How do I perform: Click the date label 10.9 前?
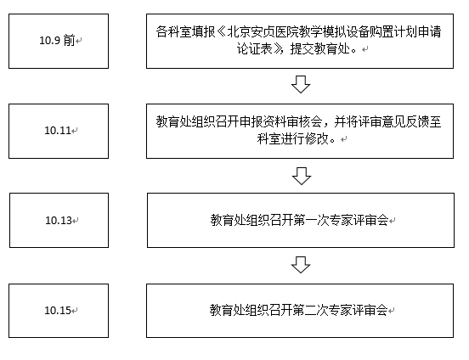[57, 41]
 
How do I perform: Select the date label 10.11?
[58, 131]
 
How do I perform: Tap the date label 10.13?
[59, 221]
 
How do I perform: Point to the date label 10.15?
[58, 311]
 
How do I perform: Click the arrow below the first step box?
[301, 84]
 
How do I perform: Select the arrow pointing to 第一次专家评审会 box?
[302, 176]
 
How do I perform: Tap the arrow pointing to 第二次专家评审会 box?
[301, 265]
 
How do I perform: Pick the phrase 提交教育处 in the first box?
[320, 48]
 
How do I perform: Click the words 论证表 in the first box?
[255, 48]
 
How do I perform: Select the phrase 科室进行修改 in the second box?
[292, 138]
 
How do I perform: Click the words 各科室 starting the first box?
[173, 31]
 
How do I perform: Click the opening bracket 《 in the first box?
[222, 31]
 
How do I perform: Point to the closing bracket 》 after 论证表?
[278, 48]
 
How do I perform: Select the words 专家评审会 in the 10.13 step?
[359, 221]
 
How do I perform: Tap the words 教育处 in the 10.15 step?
[227, 310]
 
